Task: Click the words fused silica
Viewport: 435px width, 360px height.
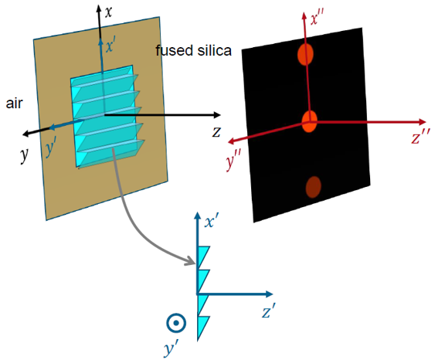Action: coord(193,51)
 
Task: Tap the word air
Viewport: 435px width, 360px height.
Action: coord(14,104)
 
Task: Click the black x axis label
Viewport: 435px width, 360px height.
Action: coord(108,12)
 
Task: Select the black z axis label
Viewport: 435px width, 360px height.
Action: coord(216,132)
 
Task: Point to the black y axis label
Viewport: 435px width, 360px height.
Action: coord(25,155)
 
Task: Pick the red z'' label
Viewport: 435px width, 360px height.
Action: coord(421,137)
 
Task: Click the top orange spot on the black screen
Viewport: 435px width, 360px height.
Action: coord(305,54)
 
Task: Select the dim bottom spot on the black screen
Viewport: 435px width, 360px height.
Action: coord(314,187)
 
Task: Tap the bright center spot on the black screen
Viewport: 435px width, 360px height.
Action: coord(309,121)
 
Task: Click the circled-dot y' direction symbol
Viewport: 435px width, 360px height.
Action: coord(176,323)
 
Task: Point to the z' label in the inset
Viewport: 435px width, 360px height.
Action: coord(269,311)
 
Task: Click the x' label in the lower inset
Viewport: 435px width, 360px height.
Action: coord(212,222)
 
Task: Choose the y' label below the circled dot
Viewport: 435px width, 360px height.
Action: coord(171,347)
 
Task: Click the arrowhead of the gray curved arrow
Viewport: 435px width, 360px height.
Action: coord(191,261)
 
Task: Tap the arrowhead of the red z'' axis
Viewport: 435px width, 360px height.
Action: coord(422,122)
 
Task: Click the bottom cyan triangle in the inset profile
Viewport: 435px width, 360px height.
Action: coord(203,328)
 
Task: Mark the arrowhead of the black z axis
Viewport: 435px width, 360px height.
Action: coord(216,115)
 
